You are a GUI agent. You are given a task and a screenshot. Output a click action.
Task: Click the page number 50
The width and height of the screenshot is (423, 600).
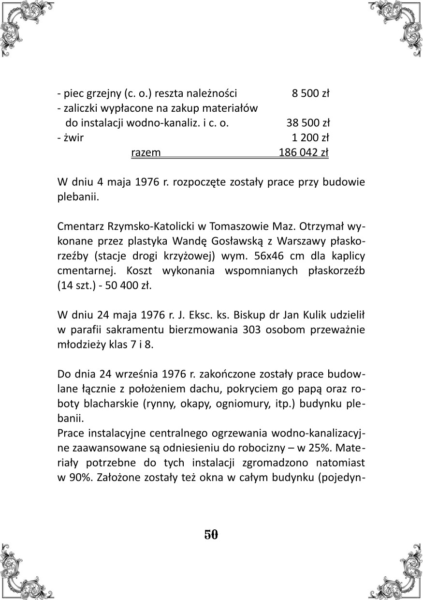pyautogui.click(x=211, y=535)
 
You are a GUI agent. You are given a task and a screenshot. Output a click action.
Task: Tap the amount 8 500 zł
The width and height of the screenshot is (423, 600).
pyautogui.click(x=310, y=93)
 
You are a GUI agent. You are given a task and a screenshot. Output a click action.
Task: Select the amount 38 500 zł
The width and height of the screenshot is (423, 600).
pyautogui.click(x=307, y=123)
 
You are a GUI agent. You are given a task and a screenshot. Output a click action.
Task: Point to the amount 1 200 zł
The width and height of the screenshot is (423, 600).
pyautogui.click(x=310, y=138)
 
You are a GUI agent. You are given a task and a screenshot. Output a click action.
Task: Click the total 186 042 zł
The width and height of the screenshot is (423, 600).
pyautogui.click(x=304, y=153)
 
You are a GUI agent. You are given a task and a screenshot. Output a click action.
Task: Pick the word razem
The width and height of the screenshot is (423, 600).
pyautogui.click(x=146, y=153)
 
